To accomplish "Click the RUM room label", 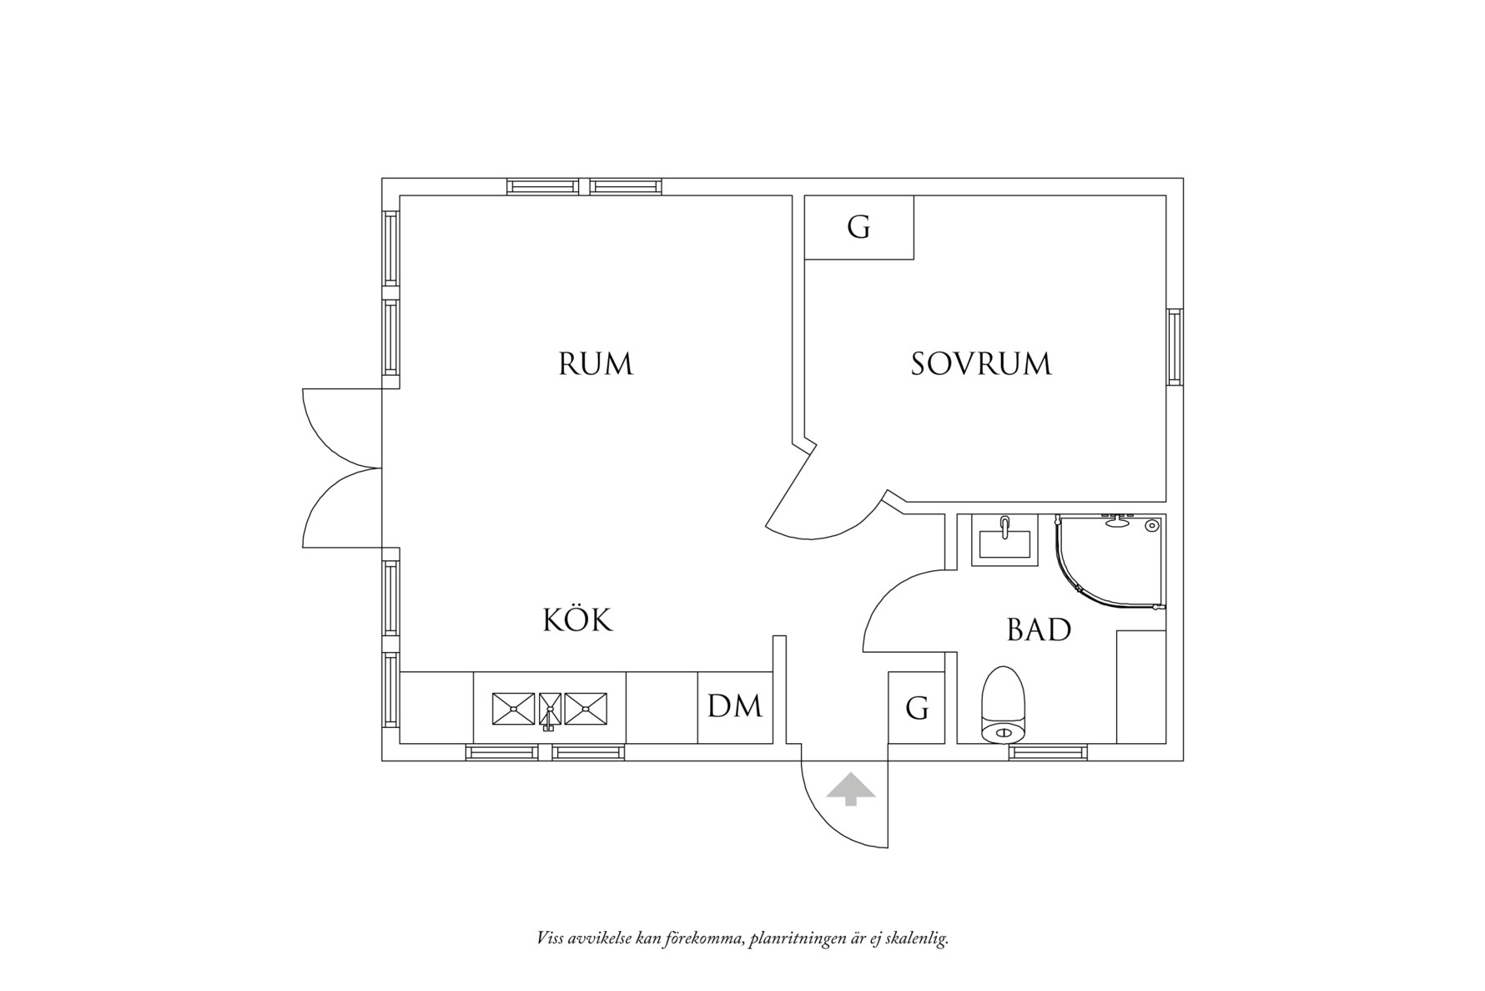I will coord(595,365).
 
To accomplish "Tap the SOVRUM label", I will coord(980,365).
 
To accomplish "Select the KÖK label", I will coord(577,620).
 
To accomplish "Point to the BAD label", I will coord(1039,629).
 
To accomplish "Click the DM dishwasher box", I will coord(734,707).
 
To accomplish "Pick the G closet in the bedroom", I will coord(858,227).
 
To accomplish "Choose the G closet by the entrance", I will coord(916,708).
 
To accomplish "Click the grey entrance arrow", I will coord(851,789).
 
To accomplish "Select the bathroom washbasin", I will coord(1004,540).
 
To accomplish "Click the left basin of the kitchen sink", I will coord(513,708).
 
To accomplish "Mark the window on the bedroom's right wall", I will coord(1175,346).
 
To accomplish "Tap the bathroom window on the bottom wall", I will coord(1048,752).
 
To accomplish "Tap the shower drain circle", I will coord(1152,526).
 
